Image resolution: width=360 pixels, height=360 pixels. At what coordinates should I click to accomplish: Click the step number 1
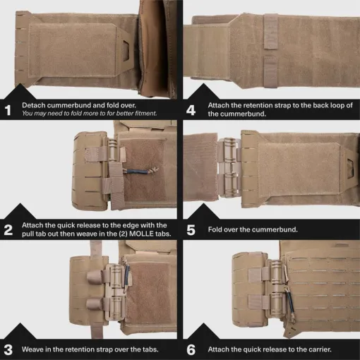[8, 110]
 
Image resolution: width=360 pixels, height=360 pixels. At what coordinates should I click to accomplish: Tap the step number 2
[8, 230]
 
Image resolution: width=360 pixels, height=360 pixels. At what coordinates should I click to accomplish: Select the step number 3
[8, 349]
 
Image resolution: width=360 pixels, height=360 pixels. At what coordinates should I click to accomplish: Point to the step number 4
[191, 110]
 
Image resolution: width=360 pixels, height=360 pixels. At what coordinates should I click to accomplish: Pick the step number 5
[191, 230]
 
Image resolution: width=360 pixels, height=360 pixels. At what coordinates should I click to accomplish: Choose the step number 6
[191, 349]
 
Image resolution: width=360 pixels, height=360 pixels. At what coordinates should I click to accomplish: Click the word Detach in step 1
[32, 105]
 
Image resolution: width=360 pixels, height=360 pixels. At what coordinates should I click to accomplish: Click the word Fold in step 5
[215, 229]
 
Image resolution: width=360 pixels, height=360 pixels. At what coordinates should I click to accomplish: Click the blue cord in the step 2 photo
[136, 172]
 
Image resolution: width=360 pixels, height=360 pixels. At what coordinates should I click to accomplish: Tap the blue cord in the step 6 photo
[291, 304]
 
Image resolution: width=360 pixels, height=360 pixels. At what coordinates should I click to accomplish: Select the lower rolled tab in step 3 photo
[94, 304]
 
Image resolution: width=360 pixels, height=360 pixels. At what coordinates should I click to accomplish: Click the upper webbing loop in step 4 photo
[270, 32]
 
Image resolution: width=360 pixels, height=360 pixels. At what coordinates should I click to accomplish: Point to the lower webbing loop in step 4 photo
[270, 72]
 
